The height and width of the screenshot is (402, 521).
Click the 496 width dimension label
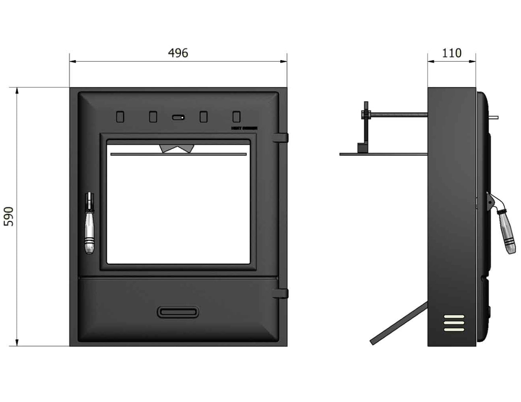[178, 53]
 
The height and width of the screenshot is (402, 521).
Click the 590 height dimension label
[9, 216]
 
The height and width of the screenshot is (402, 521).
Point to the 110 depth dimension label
[452, 53]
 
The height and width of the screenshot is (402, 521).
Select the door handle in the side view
[505, 233]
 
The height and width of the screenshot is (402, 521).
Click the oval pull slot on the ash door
[178, 312]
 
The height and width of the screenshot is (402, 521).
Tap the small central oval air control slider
[178, 117]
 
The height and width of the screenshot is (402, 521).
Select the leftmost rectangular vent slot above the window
[120, 117]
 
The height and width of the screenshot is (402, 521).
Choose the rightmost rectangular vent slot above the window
[236, 117]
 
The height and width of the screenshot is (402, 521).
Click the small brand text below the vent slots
[244, 128]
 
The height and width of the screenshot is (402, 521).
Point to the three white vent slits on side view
[454, 323]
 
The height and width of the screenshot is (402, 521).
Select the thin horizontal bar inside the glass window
[177, 154]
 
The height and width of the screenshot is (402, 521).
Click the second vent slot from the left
[153, 117]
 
